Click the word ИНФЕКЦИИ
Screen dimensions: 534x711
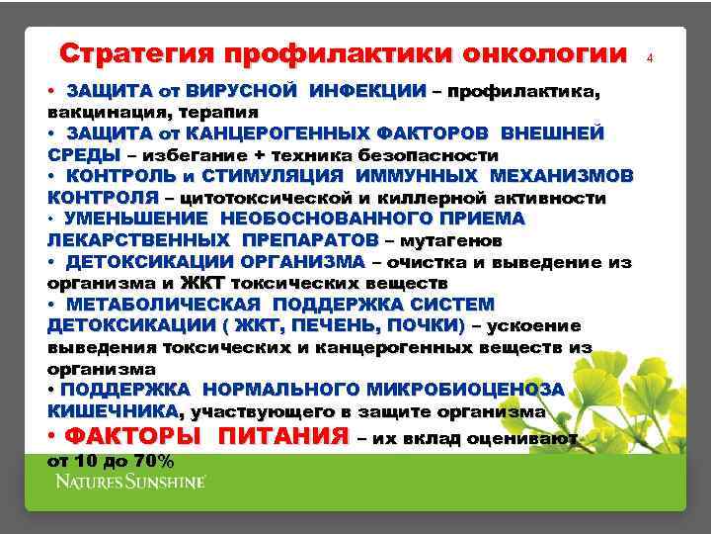pyautogui.click(x=367, y=91)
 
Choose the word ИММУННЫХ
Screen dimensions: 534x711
pyautogui.click(x=414, y=176)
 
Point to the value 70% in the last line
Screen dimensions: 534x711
pyautogui.click(x=152, y=461)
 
